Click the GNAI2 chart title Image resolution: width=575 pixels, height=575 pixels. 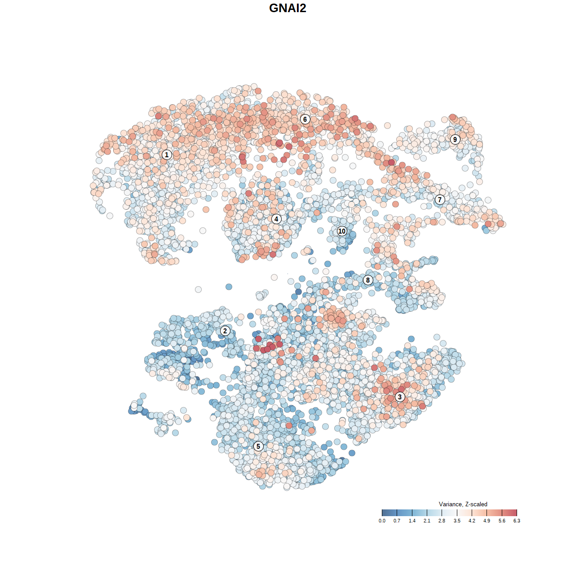point(287,8)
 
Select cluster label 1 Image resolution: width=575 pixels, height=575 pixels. point(167,155)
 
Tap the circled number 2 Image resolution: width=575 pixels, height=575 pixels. point(225,331)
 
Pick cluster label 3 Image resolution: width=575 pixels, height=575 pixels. point(399,397)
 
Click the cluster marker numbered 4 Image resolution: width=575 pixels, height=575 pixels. point(276,219)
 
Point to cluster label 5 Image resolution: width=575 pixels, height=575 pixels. point(258,446)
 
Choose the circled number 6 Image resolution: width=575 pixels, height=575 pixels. point(305,119)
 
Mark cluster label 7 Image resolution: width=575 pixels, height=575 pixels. point(440,199)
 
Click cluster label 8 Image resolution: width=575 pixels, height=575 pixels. point(368,280)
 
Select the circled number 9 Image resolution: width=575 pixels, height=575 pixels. point(455,139)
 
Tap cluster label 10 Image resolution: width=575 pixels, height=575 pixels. point(342,231)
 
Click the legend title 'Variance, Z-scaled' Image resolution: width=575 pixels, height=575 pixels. point(463,504)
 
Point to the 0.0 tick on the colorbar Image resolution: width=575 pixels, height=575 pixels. point(382,521)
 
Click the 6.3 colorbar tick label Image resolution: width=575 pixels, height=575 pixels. point(517,521)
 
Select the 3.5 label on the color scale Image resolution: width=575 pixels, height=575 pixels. point(457,521)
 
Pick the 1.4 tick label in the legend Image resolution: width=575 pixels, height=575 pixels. point(412,521)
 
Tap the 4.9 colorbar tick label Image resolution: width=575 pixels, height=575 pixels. point(487,521)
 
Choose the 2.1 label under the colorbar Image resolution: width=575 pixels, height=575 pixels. point(427,521)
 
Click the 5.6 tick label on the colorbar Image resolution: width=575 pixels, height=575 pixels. point(502,521)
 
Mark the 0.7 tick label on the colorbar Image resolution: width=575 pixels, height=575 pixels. point(397,521)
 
